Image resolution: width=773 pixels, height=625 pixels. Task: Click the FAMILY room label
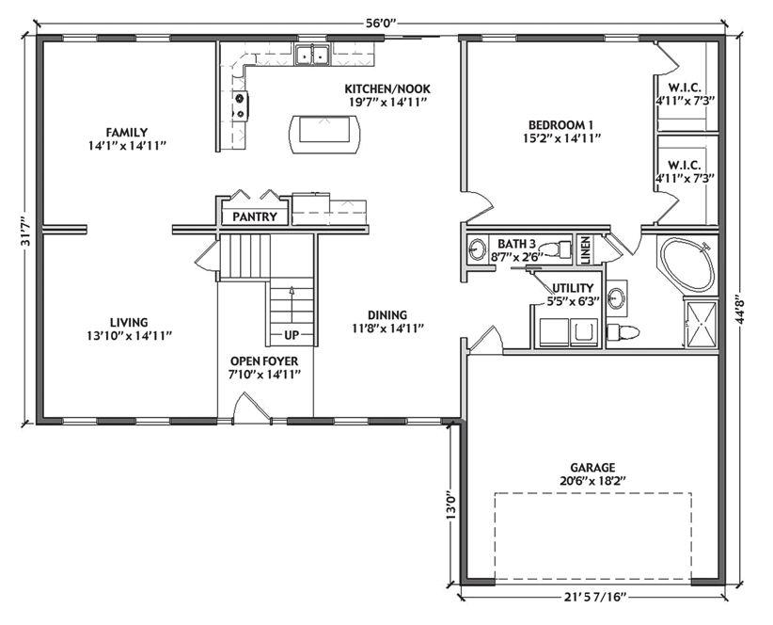(x=127, y=133)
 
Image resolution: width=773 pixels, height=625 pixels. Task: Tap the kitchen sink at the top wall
(x=312, y=55)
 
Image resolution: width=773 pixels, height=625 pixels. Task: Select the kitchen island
(x=324, y=135)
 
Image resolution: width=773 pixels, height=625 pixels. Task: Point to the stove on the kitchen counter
(x=241, y=106)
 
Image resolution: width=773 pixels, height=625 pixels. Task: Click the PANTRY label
(x=255, y=216)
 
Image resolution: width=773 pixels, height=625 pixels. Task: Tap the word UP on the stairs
(x=292, y=335)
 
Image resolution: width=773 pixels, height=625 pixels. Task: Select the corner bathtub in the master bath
(x=686, y=265)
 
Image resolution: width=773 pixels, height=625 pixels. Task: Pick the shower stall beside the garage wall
(x=701, y=323)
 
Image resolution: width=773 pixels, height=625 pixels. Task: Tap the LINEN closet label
(x=586, y=250)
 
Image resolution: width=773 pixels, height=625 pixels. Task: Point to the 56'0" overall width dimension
(x=382, y=24)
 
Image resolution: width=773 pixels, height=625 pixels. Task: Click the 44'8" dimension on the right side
(x=739, y=310)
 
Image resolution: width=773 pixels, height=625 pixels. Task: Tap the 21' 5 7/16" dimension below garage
(x=594, y=598)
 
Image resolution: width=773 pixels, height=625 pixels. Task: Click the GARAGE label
(x=592, y=467)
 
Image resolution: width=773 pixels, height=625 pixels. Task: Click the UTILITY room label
(x=573, y=288)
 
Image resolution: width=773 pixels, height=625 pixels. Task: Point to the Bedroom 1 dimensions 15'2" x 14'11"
(x=561, y=138)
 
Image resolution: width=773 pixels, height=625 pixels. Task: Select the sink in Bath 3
(x=477, y=249)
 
